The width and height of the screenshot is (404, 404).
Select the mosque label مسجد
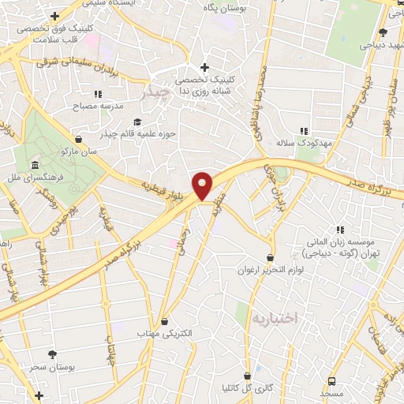(331, 391)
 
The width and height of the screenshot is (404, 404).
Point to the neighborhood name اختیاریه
(275, 318)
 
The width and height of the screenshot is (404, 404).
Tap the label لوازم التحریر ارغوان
(271, 270)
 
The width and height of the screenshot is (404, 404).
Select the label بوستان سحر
(52, 368)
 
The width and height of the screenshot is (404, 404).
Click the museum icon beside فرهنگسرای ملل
(35, 165)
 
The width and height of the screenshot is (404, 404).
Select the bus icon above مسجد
(331, 380)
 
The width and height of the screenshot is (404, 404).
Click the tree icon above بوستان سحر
(52, 355)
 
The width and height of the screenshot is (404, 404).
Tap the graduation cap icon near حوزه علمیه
(137, 122)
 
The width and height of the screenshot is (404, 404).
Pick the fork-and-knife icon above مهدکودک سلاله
(302, 132)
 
